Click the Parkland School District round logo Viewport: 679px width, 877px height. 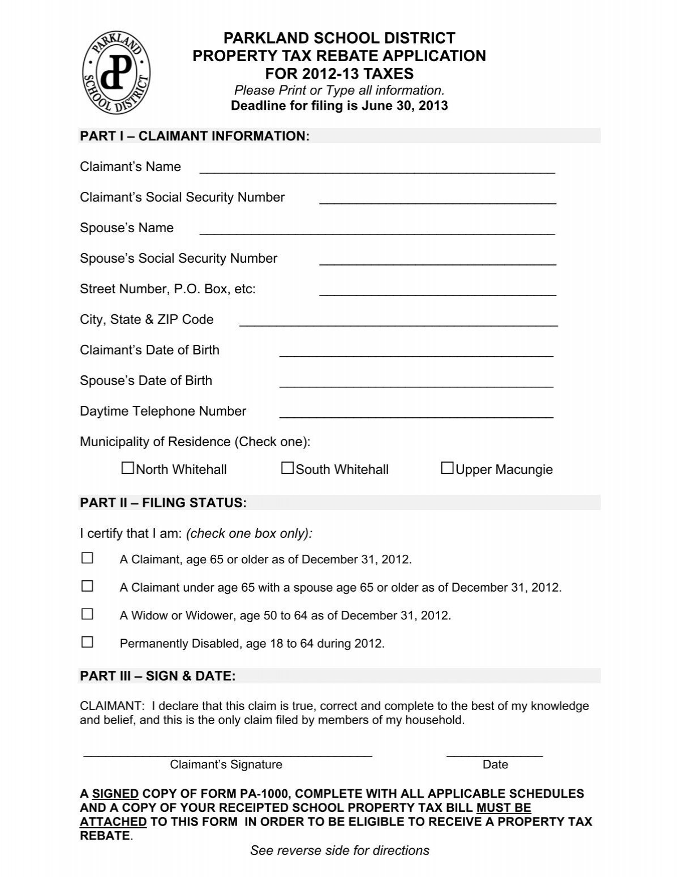(117, 71)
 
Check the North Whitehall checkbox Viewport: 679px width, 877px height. (128, 468)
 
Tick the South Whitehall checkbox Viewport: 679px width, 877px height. (287, 468)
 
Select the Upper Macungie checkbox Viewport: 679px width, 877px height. (447, 468)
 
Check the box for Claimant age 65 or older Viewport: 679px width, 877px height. (87, 558)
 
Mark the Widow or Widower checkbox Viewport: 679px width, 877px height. (87, 614)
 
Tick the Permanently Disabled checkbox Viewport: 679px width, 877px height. (87, 642)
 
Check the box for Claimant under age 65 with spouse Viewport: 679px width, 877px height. (87, 586)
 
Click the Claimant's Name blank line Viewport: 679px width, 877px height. (377, 170)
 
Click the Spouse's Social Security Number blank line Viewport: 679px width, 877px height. (437, 262)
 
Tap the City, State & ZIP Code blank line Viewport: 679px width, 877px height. (398, 323)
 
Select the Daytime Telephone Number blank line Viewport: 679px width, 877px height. (416, 414)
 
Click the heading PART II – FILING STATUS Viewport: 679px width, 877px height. (164, 503)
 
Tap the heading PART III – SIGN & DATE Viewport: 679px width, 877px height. (158, 676)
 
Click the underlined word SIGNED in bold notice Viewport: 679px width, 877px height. (115, 794)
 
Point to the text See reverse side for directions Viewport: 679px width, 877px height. (339, 850)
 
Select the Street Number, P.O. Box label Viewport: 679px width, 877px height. (167, 289)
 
